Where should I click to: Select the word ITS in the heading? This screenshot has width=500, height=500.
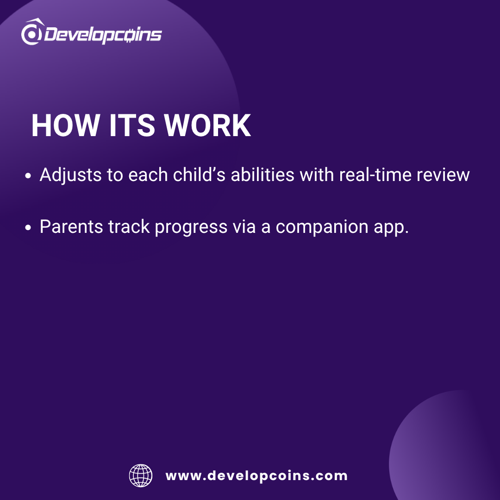coord(132,125)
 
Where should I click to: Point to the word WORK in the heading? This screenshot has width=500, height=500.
coord(207,125)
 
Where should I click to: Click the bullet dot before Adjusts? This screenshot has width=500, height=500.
coord(28,176)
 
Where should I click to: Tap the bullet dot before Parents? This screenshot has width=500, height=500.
coord(28,227)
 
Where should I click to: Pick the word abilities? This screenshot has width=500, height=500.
coord(262,175)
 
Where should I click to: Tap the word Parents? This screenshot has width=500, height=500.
coord(71,227)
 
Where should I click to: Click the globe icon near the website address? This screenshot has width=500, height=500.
coord(141,475)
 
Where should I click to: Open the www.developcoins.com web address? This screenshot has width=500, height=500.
coord(256,476)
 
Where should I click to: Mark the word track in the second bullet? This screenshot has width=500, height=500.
coord(129,227)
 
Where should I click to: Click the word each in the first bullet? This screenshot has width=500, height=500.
coord(148,175)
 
